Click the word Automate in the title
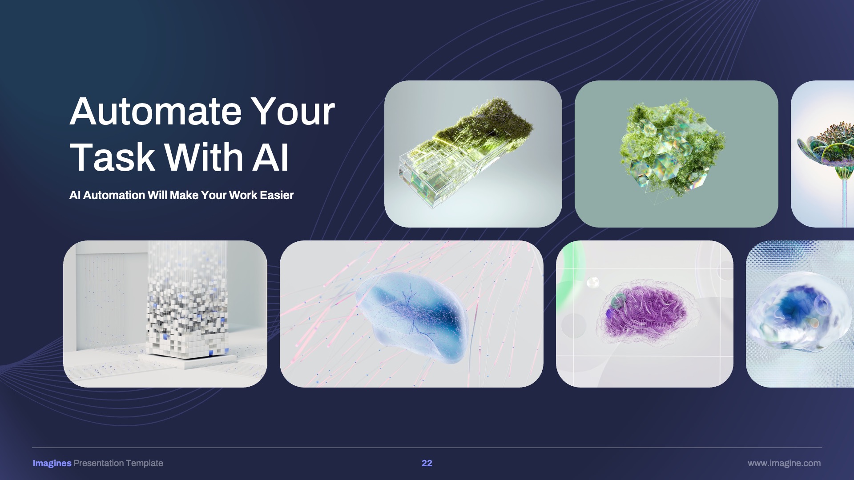155,112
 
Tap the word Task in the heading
112,157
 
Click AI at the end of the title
270,157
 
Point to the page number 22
427,463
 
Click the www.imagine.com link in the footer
784,463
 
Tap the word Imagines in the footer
52,463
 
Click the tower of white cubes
187,307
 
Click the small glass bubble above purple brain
593,282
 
